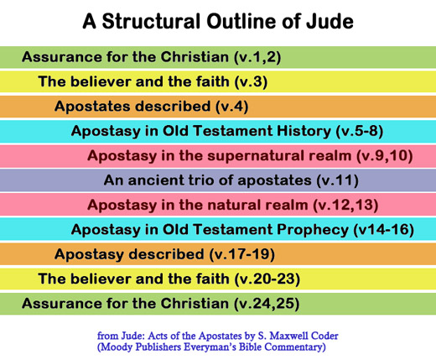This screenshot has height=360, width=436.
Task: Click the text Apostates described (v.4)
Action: pyautogui.click(x=151, y=107)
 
